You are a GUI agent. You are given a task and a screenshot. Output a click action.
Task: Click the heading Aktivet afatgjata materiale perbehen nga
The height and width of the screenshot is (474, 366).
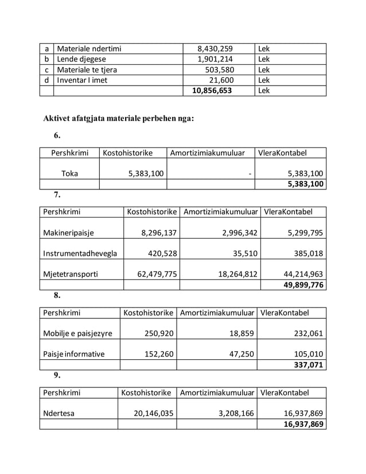coord(119,119)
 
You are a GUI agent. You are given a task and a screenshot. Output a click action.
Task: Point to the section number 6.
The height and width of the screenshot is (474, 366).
coord(57,136)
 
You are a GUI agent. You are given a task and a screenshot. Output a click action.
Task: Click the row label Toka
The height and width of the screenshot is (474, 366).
coord(69,173)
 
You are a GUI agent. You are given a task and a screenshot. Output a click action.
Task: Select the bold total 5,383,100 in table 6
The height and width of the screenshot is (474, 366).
coord(305,184)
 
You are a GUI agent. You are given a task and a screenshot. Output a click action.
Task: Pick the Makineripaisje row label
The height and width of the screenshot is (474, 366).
coord(68,232)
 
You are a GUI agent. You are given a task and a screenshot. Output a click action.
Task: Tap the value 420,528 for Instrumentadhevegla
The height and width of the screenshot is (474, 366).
coord(159,253)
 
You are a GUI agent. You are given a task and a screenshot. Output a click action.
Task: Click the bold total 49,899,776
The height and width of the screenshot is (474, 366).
coord(303,285)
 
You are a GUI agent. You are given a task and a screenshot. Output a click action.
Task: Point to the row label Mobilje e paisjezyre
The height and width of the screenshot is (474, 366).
coord(77,333)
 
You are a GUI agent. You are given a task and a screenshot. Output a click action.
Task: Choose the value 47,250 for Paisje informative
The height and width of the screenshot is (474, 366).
coord(242,354)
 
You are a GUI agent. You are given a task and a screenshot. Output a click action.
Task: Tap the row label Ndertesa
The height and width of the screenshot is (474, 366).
coord(59,413)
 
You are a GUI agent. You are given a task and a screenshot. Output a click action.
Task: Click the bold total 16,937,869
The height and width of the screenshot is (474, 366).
coord(303,424)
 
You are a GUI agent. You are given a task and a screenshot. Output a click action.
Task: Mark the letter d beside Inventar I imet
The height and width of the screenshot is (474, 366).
coord(46,80)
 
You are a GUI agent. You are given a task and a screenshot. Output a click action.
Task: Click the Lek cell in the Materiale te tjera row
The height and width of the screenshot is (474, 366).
coord(264,69)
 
